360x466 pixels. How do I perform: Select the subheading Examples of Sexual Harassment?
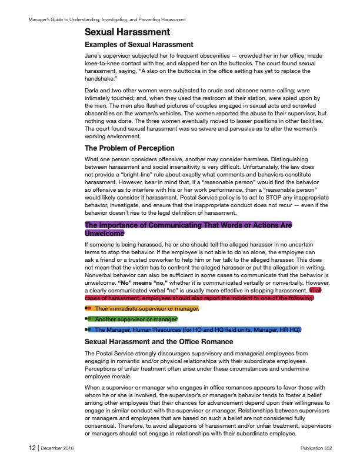click(139, 45)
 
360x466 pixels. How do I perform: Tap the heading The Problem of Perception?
click(130, 148)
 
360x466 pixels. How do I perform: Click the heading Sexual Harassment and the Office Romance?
click(159, 342)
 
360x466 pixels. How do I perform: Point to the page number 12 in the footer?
click(32, 448)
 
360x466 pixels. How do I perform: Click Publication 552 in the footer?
click(316, 448)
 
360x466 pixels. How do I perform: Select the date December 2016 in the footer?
click(57, 448)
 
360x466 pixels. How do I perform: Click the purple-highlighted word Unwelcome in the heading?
click(105, 233)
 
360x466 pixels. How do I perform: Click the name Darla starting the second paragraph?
click(92, 90)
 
